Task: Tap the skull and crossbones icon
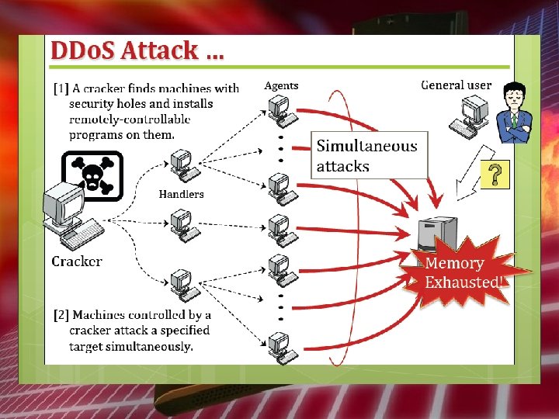pos(92,171)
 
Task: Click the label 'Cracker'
pos(76,261)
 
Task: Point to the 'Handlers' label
pos(181,194)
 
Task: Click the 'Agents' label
pos(281,85)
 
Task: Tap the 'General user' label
pos(456,85)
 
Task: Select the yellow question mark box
pos(495,175)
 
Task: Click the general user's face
pos(512,100)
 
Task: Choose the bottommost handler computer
pos(183,283)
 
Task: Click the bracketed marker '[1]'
pos(60,88)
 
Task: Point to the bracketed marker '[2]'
pos(61,315)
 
